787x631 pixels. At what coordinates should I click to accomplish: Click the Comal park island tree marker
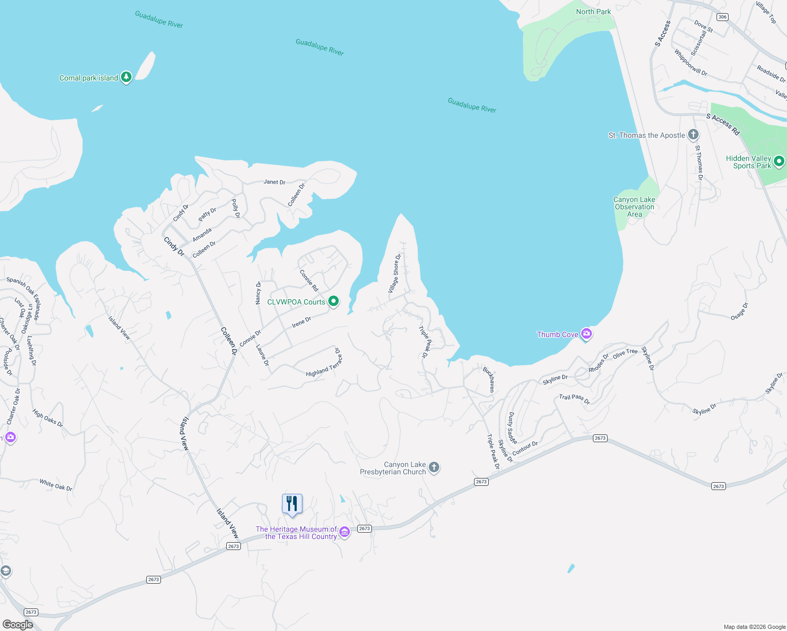[x=126, y=77]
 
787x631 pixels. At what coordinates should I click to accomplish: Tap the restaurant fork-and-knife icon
[x=292, y=504]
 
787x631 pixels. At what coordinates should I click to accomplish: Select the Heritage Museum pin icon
[x=345, y=532]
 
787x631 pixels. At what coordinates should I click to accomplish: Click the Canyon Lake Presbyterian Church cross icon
[x=434, y=467]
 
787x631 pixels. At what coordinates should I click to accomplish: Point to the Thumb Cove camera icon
[x=587, y=334]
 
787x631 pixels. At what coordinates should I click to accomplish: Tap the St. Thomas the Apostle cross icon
[x=694, y=135]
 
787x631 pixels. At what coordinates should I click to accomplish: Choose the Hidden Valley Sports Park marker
[x=779, y=161]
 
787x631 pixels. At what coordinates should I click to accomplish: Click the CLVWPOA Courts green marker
[x=334, y=301]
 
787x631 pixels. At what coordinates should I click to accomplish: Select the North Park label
[x=593, y=12]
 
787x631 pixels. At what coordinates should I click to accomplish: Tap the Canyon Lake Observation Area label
[x=634, y=207]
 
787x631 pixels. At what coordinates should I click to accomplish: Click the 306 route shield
[x=722, y=17]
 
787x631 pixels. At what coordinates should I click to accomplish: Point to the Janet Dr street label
[x=275, y=182]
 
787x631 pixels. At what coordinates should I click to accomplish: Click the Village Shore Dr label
[x=395, y=273]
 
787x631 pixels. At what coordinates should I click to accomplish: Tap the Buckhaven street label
[x=489, y=379]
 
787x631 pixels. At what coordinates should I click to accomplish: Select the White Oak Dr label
[x=56, y=485]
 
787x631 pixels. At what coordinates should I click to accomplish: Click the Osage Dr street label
[x=739, y=311]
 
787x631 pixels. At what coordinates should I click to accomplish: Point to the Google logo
[x=18, y=625]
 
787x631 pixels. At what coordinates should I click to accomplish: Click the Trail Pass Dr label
[x=574, y=399]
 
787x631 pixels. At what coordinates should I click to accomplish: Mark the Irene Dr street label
[x=301, y=322]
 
